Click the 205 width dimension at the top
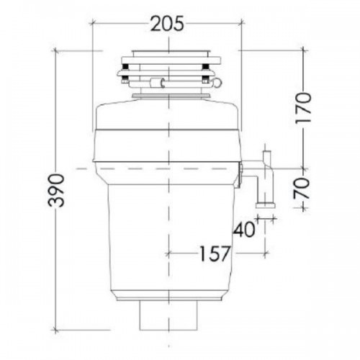pos(167,24)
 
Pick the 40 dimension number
pos(243,230)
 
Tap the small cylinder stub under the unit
pos(168,314)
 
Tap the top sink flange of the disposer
pos(168,55)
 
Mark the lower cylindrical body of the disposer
pos(167,230)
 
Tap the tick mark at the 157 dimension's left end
pos(168,253)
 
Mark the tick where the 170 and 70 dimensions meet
pos(302,167)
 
